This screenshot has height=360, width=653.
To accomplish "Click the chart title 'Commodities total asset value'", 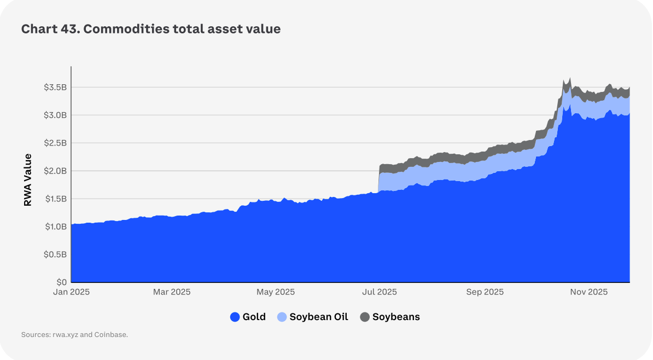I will pyautogui.click(x=151, y=30).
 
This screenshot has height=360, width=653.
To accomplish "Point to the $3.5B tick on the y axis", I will pyautogui.click(x=55, y=88).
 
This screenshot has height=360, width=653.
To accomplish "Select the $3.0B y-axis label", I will pyautogui.click(x=55, y=115).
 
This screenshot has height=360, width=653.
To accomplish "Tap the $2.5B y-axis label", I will pyautogui.click(x=55, y=143).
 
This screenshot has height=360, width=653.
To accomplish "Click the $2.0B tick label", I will pyautogui.click(x=55, y=171).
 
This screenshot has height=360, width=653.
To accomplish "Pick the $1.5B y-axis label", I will pyautogui.click(x=55, y=199).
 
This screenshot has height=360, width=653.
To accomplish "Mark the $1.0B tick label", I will pyautogui.click(x=55, y=227).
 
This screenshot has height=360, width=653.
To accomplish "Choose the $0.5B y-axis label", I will pyautogui.click(x=55, y=254).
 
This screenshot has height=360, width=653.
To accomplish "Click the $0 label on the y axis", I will pyautogui.click(x=61, y=282).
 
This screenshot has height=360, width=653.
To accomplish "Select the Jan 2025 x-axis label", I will pyautogui.click(x=72, y=292).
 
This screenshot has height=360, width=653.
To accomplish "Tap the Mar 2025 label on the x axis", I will pyautogui.click(x=172, y=292).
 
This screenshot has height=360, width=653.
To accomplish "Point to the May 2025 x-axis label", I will pyautogui.click(x=275, y=292).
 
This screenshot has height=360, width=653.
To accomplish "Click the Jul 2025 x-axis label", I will pyautogui.click(x=379, y=292).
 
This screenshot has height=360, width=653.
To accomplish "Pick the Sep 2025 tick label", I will pyautogui.click(x=485, y=292).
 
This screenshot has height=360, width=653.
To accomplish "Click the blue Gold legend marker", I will pyautogui.click(x=235, y=317).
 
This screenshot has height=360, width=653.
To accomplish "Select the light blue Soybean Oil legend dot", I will pyautogui.click(x=282, y=317).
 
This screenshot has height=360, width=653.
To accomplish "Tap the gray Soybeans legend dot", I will pyautogui.click(x=365, y=317).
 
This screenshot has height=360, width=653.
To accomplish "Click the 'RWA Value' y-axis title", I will pyautogui.click(x=28, y=180).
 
